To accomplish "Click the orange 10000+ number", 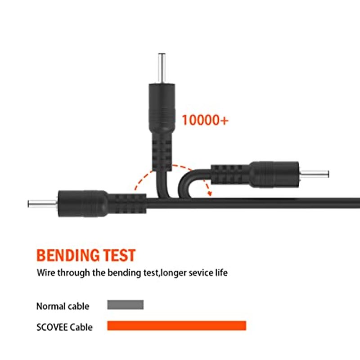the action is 205,120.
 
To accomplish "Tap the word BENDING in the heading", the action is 68,255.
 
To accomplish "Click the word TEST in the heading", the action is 119,255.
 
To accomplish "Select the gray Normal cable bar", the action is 126,305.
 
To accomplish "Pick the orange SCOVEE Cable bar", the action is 176,325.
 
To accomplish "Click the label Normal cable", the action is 63,306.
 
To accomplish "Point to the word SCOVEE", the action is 52,327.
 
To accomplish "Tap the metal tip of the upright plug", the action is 162,68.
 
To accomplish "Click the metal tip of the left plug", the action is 42,204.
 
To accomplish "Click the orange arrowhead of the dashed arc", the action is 209,193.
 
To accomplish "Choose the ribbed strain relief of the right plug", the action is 230,174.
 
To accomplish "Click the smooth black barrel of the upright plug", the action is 162,108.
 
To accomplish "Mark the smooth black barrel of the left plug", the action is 83,204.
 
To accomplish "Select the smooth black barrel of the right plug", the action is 274,174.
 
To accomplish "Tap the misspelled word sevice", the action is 199,273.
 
